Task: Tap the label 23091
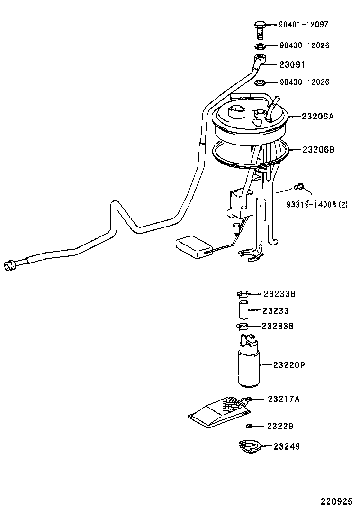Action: pos(292,65)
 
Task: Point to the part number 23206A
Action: pos(318,116)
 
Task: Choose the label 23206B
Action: pos(318,150)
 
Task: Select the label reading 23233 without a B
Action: pos(276,311)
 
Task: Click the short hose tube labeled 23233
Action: pos(243,311)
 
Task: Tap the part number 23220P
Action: pos(288,365)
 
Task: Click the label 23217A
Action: pos(284,399)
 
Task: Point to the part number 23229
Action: pos(279,427)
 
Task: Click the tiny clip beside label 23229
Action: pos(249,426)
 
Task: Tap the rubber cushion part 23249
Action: pos(248,446)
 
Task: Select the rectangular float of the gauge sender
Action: pos(194,246)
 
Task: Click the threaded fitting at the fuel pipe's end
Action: pos(9,266)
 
